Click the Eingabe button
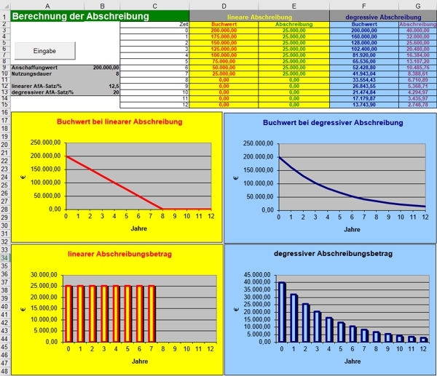point(45,49)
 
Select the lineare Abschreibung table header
point(259,15)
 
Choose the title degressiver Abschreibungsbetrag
point(330,254)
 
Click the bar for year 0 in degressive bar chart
point(282,312)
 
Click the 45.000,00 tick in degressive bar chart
point(259,274)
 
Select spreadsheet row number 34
point(5,258)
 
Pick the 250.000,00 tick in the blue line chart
point(258,143)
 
